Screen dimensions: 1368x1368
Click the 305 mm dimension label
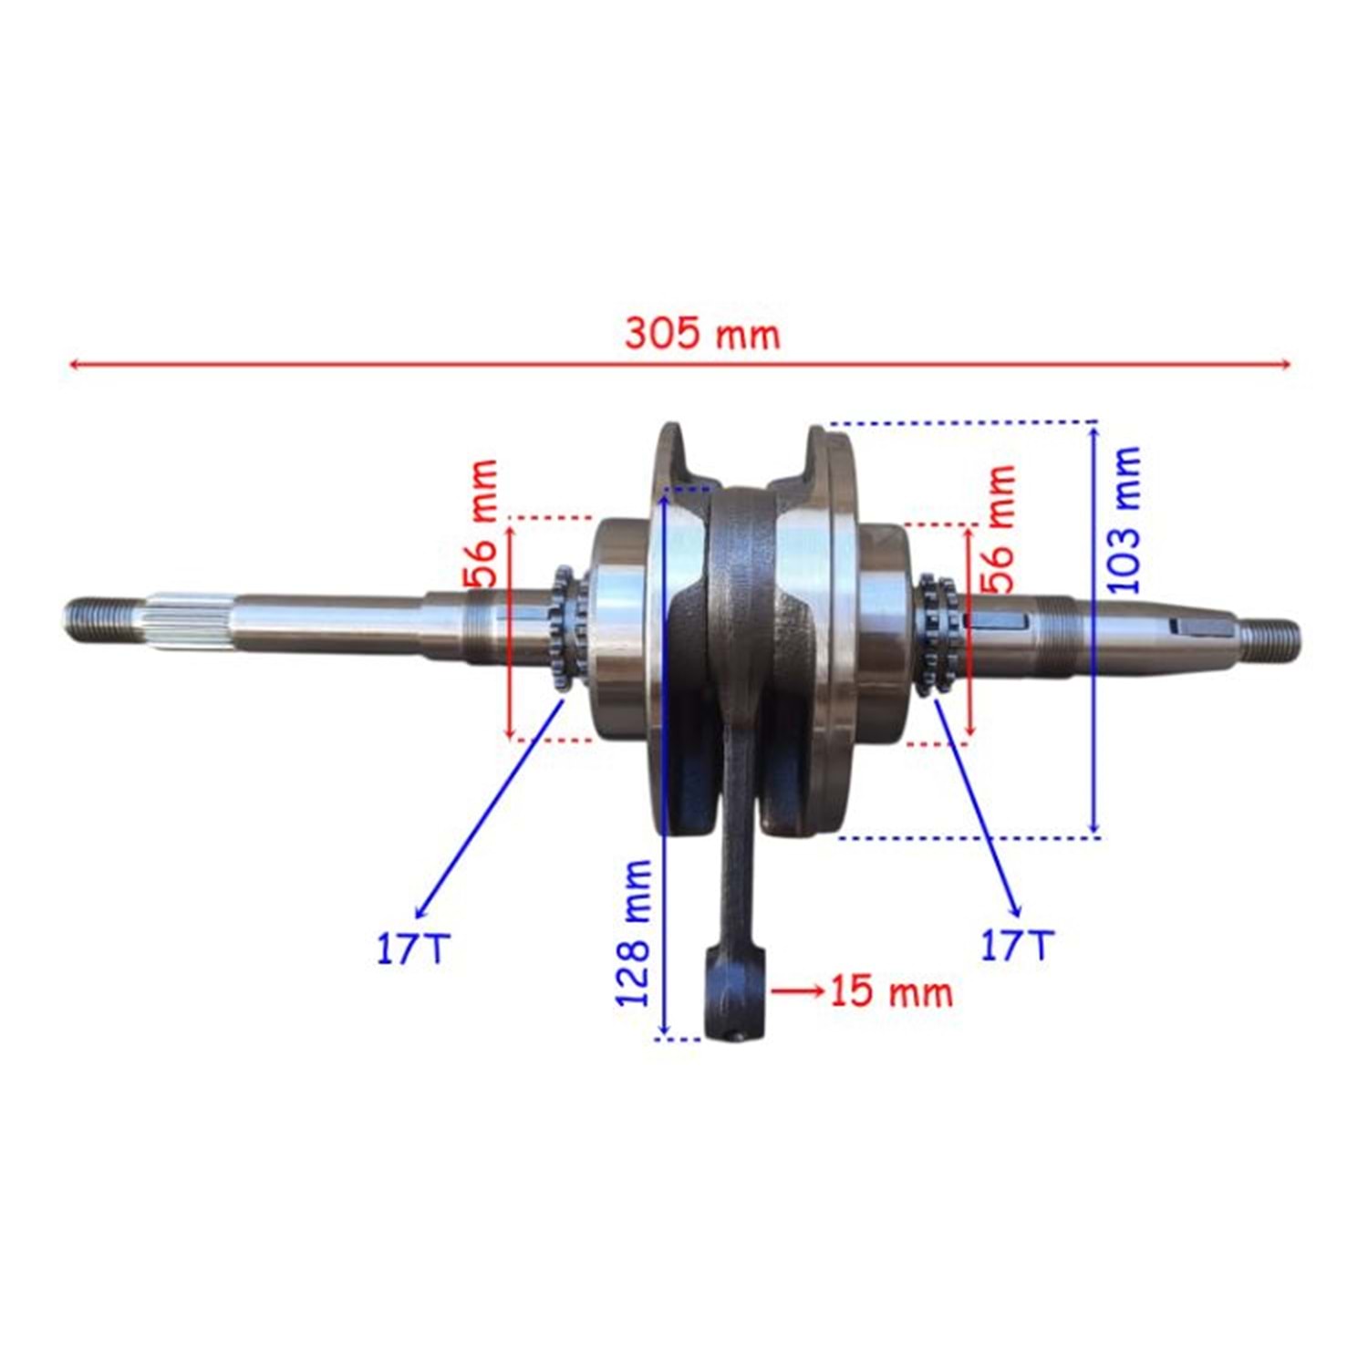[702, 334]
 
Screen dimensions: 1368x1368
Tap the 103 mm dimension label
[1124, 521]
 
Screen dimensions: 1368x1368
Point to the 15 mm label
[891, 991]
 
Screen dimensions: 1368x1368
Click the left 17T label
[413, 949]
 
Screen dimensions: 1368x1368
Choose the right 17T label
[1017, 946]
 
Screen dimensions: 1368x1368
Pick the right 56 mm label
[998, 529]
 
